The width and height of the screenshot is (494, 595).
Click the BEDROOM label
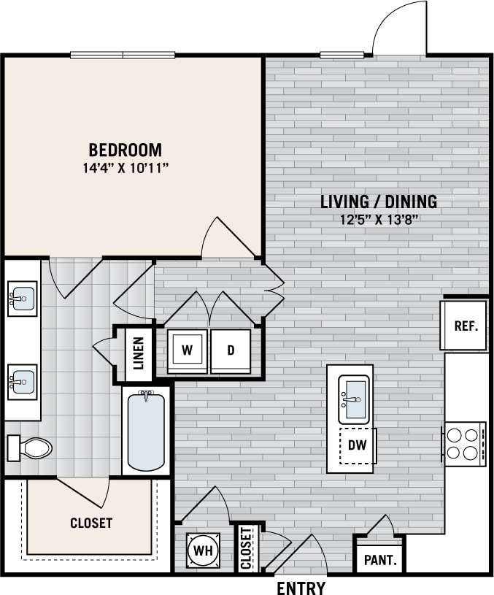125,150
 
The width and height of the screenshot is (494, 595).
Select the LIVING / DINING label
379,201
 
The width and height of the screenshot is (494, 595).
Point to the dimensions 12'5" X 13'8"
379,218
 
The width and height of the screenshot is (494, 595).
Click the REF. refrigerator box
466,326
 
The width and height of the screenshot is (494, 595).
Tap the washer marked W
188,350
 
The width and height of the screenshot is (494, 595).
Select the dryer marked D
231,350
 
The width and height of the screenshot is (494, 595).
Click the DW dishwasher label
356,445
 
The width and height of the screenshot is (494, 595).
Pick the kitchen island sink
355,399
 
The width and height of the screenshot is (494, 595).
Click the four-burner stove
465,443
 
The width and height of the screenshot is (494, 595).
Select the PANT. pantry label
380,561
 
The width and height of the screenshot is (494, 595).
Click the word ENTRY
301,588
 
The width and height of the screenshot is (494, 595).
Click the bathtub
146,431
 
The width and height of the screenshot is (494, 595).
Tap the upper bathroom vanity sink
23,299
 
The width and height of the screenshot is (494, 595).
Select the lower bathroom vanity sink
23,380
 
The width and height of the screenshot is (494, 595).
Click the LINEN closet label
139,352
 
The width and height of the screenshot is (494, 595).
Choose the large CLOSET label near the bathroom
91,523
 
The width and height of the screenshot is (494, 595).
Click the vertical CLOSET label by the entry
246,548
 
